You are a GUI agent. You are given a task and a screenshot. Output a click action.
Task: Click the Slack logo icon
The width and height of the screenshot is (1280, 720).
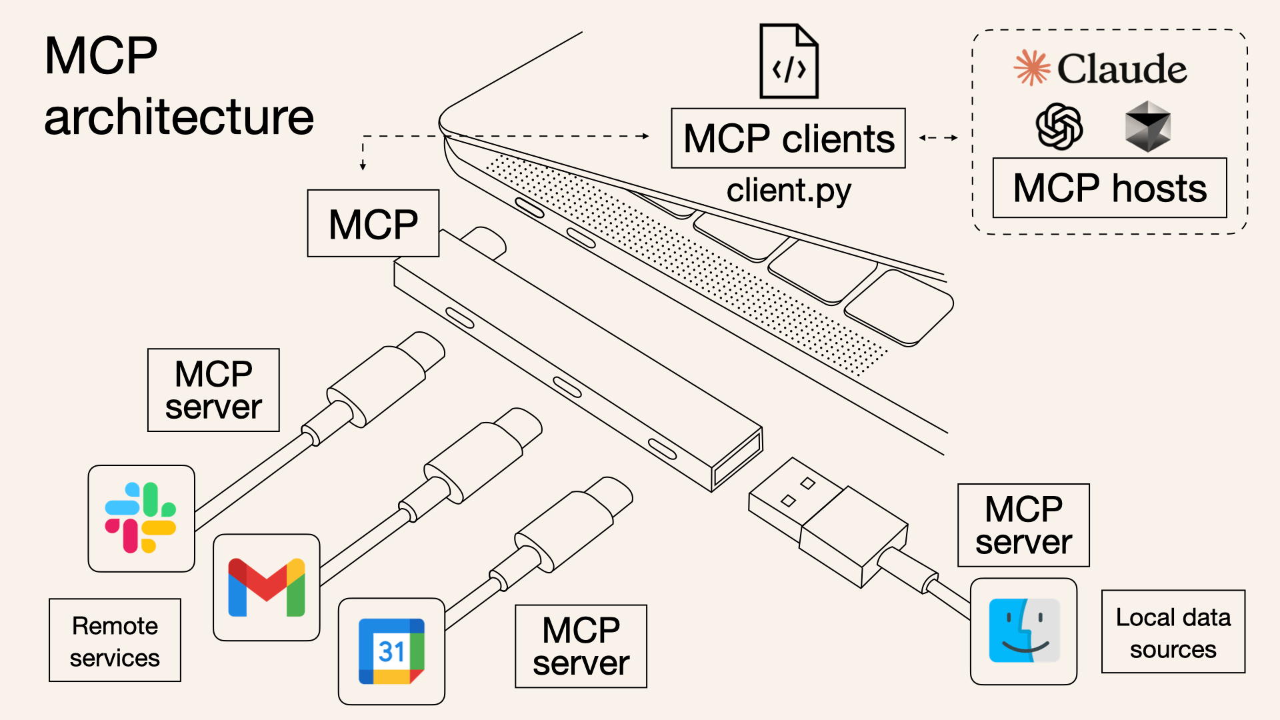[141, 518]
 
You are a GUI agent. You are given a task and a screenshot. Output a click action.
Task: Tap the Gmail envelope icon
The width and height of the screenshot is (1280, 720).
[266, 587]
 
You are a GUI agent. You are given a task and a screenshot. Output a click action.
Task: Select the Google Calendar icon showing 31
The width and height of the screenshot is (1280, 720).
[391, 651]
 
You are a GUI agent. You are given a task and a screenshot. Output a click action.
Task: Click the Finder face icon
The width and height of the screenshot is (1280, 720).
[1023, 631]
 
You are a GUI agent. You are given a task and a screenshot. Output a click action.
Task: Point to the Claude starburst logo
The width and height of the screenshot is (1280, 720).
[1031, 68]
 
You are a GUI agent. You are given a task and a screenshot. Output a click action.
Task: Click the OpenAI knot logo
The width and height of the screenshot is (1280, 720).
[1059, 126]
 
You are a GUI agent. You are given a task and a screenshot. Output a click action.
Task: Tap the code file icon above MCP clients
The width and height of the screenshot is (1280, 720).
[789, 61]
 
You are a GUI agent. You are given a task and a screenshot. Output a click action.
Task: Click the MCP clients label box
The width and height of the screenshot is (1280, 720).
[788, 139]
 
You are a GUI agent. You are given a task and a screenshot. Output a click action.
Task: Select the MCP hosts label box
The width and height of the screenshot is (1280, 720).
[1109, 188]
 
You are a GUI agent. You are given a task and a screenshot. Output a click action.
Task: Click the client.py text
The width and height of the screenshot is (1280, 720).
[788, 191]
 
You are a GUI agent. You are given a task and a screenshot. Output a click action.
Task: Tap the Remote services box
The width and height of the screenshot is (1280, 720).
[115, 640]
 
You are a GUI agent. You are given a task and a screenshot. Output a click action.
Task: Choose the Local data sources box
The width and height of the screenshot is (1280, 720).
[1173, 632]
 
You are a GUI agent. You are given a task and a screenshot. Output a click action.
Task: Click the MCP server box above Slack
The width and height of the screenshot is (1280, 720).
[213, 390]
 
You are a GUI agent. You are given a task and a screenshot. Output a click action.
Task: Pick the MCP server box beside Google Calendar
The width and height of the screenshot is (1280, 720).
[581, 646]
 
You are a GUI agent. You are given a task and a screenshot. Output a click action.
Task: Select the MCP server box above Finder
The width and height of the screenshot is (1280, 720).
[1023, 525]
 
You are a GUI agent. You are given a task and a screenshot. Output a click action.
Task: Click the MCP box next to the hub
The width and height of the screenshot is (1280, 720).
[373, 223]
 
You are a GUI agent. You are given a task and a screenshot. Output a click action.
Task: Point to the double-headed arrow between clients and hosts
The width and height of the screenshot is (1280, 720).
[938, 138]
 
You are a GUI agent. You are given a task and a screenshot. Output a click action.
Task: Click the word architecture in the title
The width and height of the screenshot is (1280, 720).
[179, 117]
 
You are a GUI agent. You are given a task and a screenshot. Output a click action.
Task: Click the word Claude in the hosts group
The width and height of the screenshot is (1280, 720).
[1122, 69]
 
